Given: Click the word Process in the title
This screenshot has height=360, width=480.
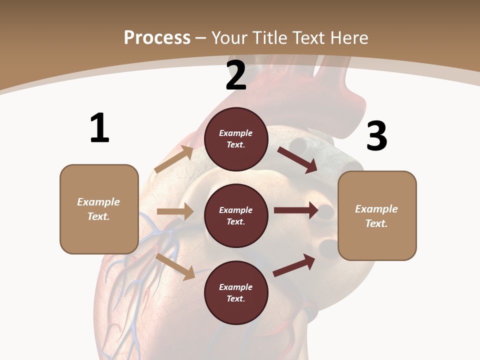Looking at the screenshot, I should click(157, 37).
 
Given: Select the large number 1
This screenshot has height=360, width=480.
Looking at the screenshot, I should click(99, 128).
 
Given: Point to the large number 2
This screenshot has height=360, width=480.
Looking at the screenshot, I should click(236, 76).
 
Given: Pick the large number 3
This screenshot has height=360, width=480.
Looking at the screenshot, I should click(376, 136).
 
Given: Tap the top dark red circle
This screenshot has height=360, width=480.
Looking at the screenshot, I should click(236, 139).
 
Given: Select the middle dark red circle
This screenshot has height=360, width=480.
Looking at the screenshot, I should click(236, 215).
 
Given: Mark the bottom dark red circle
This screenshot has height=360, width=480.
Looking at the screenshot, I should click(236, 292).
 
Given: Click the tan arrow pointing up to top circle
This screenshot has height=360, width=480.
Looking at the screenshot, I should click(174, 159).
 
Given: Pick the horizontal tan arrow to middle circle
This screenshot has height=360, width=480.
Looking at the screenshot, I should click(175, 211).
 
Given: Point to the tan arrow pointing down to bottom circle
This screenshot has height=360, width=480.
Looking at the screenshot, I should click(175, 266).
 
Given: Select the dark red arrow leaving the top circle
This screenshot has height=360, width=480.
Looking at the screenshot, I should click(297, 159).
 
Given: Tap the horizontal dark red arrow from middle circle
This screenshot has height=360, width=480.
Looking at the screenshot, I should click(295, 210).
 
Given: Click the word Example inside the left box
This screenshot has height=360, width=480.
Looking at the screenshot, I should click(98, 202).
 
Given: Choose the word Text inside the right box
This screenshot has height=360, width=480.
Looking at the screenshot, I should click(376, 223).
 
